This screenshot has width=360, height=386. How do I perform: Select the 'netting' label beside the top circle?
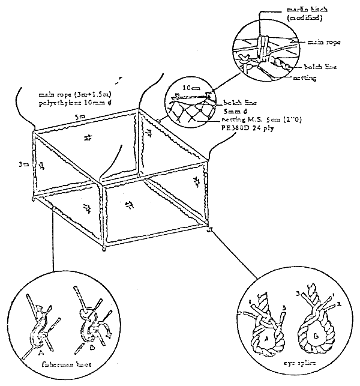coord(305,78)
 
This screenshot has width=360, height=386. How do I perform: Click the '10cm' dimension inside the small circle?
coord(191,88)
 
